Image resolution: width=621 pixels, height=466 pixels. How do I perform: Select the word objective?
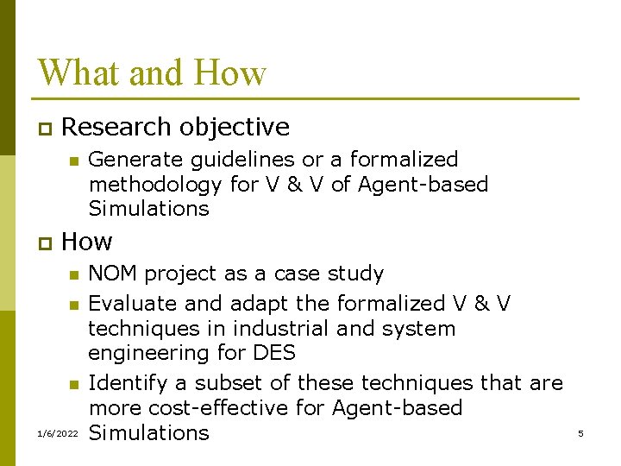(235, 127)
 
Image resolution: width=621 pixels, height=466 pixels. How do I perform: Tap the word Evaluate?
(131, 304)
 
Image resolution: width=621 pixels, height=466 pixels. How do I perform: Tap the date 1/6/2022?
(57, 433)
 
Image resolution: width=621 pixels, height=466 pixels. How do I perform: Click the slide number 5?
(580, 433)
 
